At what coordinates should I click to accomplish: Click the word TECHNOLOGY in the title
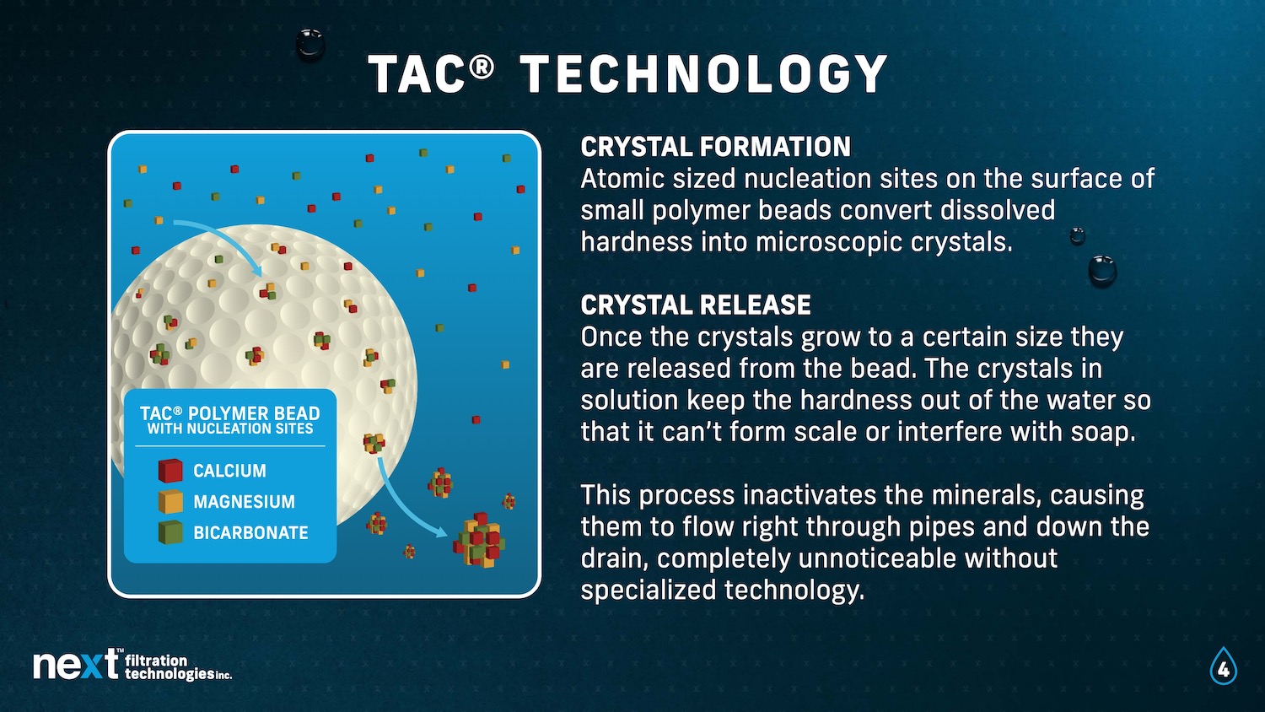[703, 73]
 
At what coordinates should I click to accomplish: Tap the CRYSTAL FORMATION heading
[715, 147]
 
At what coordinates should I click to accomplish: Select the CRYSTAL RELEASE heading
[696, 305]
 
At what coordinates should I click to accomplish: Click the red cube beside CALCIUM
[170, 470]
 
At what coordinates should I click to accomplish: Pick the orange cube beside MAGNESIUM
[170, 501]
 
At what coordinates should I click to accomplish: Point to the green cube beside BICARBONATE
[170, 531]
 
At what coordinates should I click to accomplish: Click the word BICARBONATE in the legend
[250, 533]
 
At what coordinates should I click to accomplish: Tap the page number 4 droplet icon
[1223, 666]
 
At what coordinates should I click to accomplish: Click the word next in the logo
[76, 665]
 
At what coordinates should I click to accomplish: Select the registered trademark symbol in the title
[482, 67]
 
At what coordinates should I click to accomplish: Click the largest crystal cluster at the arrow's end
[479, 540]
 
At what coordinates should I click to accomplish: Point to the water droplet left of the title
[310, 44]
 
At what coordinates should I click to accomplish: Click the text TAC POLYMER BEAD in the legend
[230, 413]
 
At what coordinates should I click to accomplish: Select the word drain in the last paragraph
[618, 558]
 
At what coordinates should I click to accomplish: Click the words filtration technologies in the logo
[178, 666]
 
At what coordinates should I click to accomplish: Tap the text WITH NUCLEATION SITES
[230, 429]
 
